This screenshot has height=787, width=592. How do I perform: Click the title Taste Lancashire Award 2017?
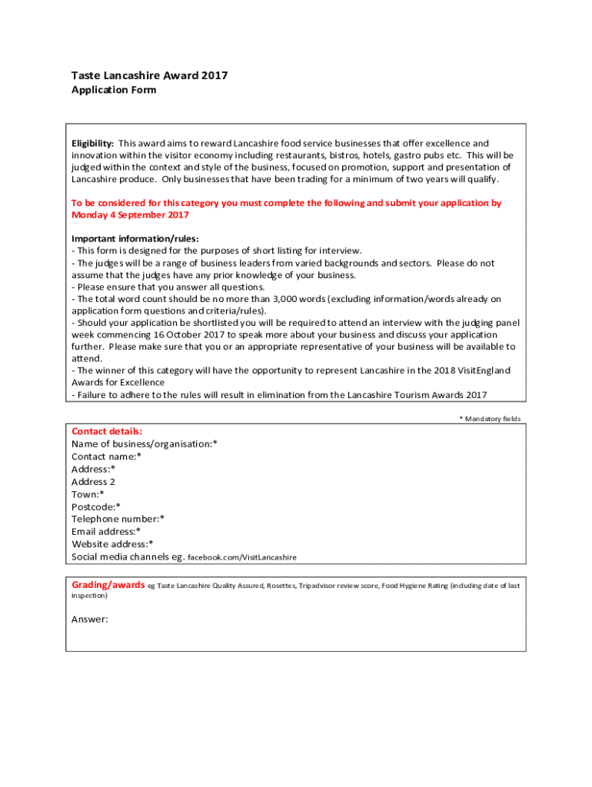[149, 75]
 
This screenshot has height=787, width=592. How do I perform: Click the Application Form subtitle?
[114, 90]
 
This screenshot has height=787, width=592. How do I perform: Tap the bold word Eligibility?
[92, 144]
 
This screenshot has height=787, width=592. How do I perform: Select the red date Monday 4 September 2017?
[130, 215]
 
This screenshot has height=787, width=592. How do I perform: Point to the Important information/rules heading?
[135, 239]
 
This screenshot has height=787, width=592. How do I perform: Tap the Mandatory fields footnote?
[490, 419]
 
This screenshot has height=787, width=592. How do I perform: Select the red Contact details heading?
[107, 432]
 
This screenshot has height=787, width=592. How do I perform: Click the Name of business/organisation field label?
[144, 444]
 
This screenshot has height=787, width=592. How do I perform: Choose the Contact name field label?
[106, 457]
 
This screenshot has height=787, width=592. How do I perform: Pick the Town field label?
[88, 494]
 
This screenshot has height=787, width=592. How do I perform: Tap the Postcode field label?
[96, 506]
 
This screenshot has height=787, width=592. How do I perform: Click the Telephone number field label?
[118, 519]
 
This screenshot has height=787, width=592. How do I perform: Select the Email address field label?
[106, 531]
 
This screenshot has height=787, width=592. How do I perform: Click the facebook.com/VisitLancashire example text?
[242, 557]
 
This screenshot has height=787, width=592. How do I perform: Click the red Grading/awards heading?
[108, 586]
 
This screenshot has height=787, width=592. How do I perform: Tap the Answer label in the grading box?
[90, 619]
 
